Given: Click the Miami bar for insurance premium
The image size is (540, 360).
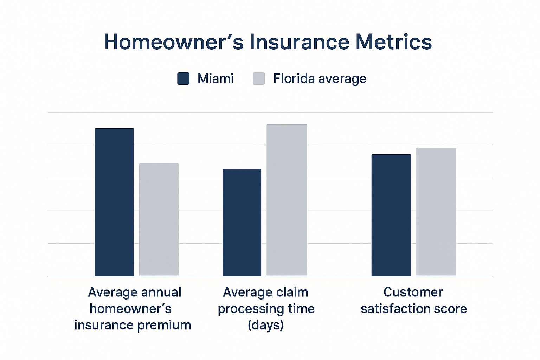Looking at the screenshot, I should click(x=114, y=202).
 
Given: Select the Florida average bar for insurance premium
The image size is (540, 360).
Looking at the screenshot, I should click(x=159, y=220).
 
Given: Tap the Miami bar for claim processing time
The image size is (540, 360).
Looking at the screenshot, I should click(x=242, y=222).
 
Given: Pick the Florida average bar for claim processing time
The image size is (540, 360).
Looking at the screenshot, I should click(x=287, y=200).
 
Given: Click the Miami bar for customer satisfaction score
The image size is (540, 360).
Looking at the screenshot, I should click(x=391, y=215).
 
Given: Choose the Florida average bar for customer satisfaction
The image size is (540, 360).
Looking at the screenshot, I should click(x=436, y=212).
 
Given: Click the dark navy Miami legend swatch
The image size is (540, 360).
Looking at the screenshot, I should click(x=183, y=79).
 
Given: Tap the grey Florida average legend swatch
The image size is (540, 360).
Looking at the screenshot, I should click(x=259, y=79).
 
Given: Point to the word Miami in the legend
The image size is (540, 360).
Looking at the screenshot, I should click(x=216, y=78).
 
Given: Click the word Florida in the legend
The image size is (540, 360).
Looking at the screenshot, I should click(x=294, y=78).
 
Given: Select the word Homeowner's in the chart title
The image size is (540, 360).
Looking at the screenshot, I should click(x=174, y=42).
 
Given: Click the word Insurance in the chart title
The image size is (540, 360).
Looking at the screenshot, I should click(x=300, y=42).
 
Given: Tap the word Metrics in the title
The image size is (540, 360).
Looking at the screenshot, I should click(x=393, y=42).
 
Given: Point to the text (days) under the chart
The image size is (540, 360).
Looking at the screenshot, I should click(x=265, y=325).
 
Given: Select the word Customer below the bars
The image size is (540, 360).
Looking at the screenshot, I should click(x=413, y=292).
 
